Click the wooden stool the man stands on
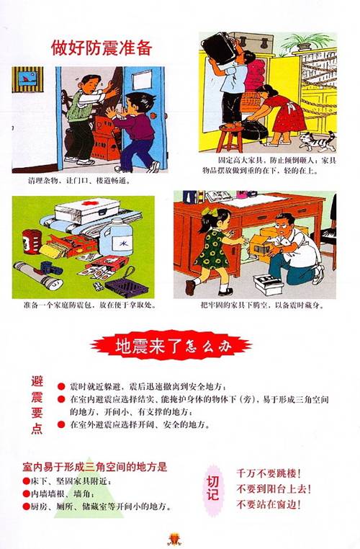click(230, 137)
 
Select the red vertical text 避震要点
click(37, 404)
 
